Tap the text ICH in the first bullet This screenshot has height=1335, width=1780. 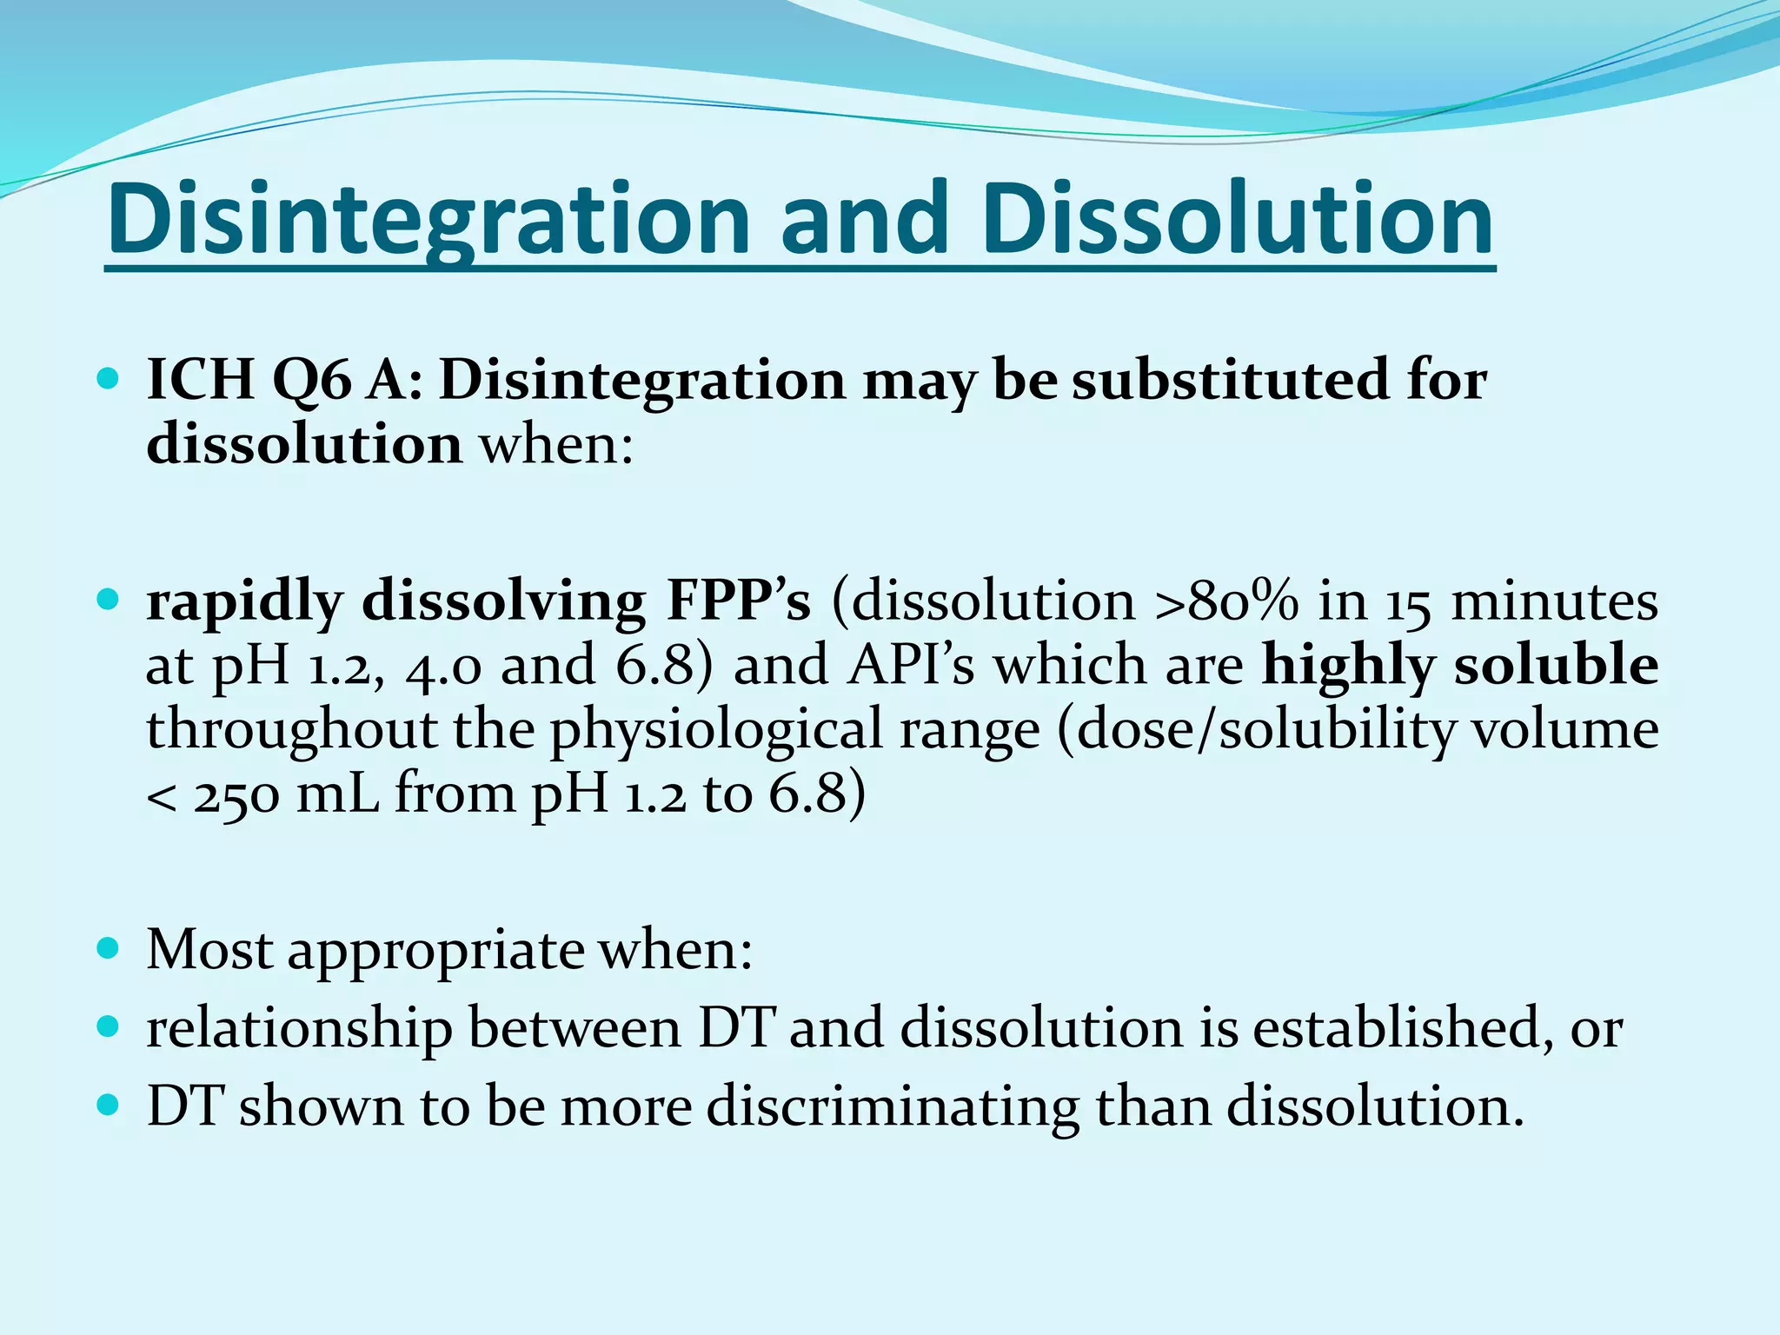[x=200, y=380]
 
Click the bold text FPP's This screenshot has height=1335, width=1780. [x=738, y=601]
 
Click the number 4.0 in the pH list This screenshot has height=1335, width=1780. [x=443, y=666]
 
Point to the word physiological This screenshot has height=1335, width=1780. [x=794, y=730]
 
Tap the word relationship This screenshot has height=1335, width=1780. [x=299, y=1029]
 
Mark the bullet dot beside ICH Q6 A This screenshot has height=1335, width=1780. [x=108, y=380]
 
